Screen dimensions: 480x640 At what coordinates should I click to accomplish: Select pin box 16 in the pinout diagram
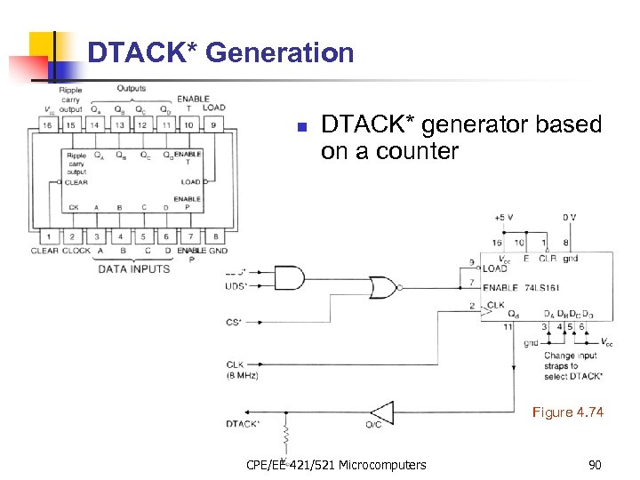(46, 125)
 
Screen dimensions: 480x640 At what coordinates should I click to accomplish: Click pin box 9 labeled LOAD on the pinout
(213, 125)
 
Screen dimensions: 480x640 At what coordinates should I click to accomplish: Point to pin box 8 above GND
(213, 236)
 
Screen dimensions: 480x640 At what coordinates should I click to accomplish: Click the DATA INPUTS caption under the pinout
(133, 268)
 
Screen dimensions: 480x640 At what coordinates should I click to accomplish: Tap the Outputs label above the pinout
(132, 89)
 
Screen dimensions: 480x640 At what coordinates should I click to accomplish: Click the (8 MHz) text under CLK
(242, 376)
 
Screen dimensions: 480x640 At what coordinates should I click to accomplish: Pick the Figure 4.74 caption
(567, 412)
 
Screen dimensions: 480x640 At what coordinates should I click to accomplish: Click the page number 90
(594, 465)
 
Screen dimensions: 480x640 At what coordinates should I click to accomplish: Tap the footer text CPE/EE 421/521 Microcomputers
(335, 465)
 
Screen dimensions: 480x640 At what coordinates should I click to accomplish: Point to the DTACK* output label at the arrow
(243, 424)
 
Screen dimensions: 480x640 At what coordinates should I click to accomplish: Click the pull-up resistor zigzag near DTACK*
(286, 438)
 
